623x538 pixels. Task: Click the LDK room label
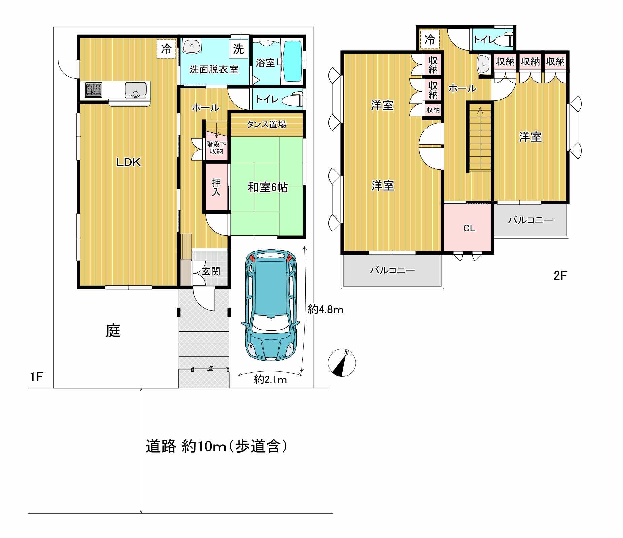tap(128, 163)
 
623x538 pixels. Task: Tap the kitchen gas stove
tap(94, 90)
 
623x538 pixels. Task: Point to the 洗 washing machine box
tap(238, 49)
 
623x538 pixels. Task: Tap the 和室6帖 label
tap(268, 187)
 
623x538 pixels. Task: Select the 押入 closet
tap(216, 187)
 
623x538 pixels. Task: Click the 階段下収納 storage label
tap(216, 147)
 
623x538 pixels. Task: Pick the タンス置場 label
tap(267, 124)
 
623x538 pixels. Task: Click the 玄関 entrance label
tap(211, 271)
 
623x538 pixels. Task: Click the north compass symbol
tap(342, 363)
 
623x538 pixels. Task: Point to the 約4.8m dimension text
tap(325, 309)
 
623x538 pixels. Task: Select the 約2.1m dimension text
tap(271, 380)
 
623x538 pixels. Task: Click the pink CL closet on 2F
tap(469, 228)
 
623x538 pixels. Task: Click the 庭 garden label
tap(113, 331)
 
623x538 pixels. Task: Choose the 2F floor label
tap(560, 276)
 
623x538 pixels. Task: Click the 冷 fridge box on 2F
tap(429, 39)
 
